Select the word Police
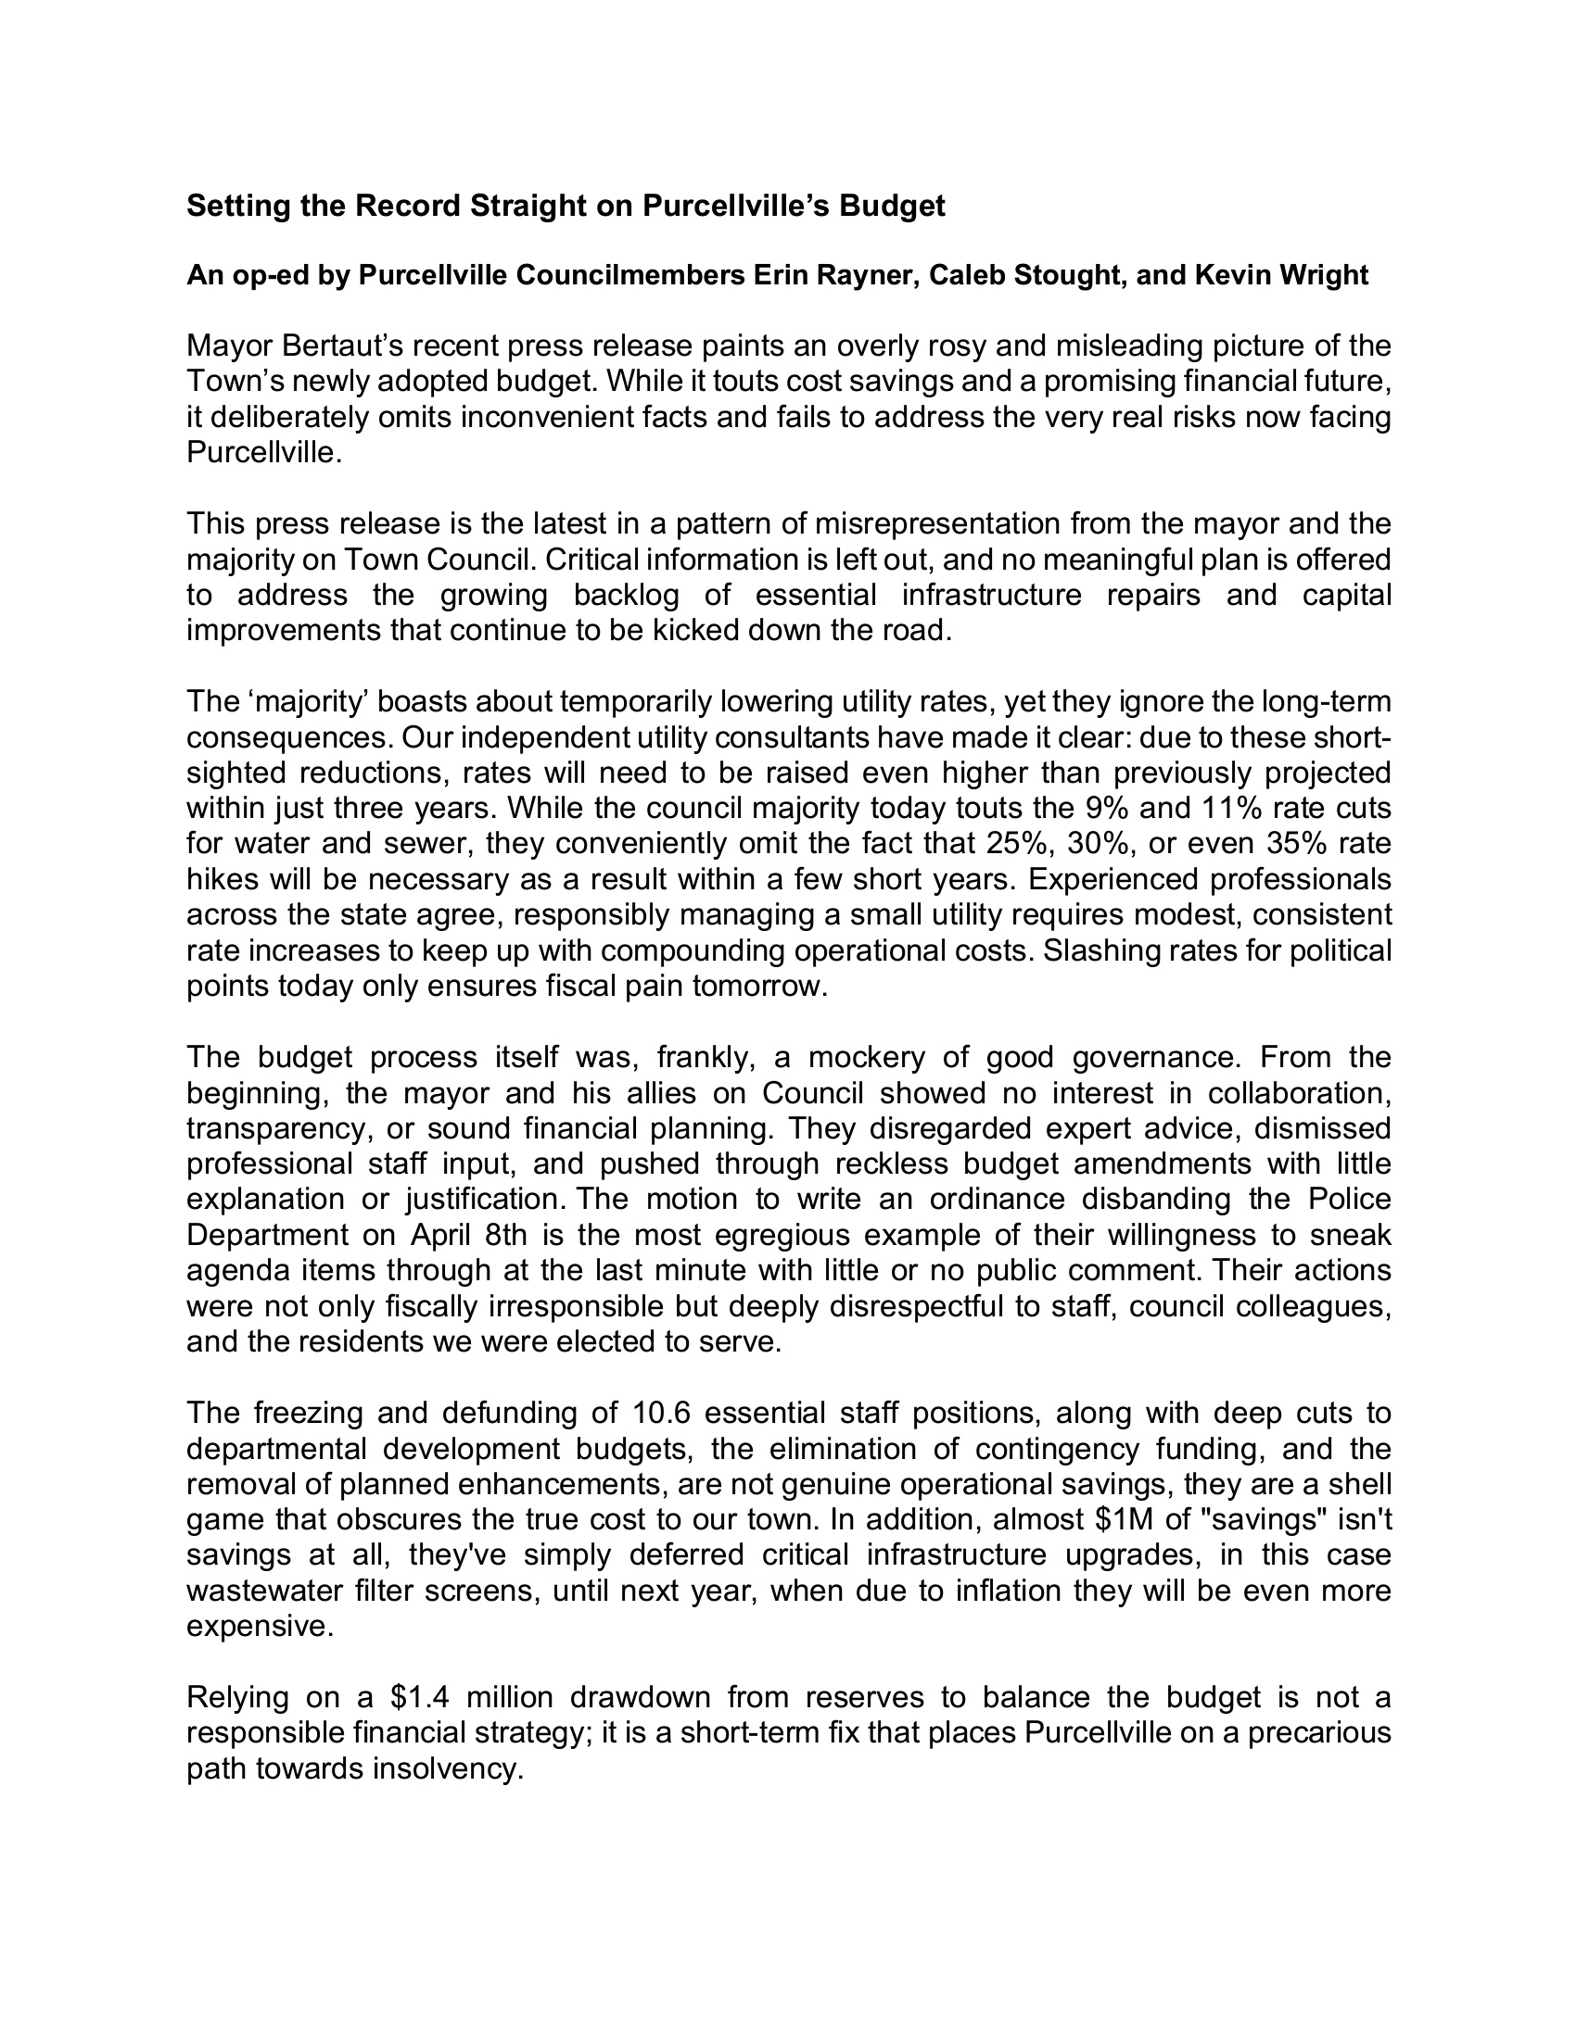coord(1349,1199)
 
